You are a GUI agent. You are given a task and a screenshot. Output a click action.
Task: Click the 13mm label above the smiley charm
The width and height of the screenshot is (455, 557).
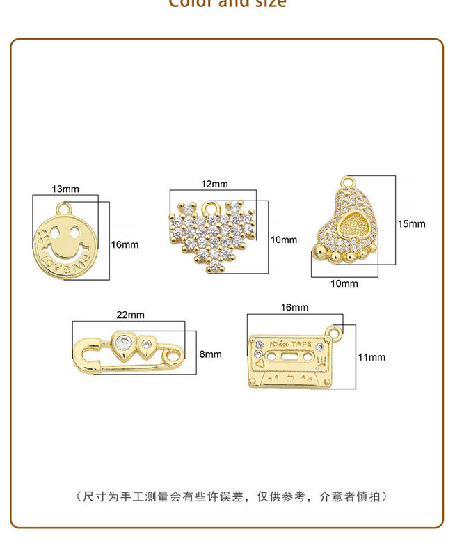pos(65,189)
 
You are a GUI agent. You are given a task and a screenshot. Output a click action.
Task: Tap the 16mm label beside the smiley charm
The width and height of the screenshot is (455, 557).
pos(125,244)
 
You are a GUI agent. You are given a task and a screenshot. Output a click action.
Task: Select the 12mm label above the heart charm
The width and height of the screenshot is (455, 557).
pos(215,184)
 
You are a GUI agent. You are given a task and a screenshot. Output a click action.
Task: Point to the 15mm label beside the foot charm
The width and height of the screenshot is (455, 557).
pos(411,223)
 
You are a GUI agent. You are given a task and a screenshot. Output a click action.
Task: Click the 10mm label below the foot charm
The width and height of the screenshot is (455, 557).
pos(344,283)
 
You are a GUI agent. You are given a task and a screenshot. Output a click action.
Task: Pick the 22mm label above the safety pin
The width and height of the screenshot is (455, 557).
pos(130,315)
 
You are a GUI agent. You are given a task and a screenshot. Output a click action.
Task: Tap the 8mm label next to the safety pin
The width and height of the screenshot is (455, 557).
pos(210,354)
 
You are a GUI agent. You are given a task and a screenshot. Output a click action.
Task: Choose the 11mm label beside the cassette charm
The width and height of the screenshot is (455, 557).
pos(371,357)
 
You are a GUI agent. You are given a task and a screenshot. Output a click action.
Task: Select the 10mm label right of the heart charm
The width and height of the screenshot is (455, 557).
pos(283,240)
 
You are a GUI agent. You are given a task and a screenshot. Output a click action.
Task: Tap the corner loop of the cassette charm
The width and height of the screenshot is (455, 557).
pos(337,334)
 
